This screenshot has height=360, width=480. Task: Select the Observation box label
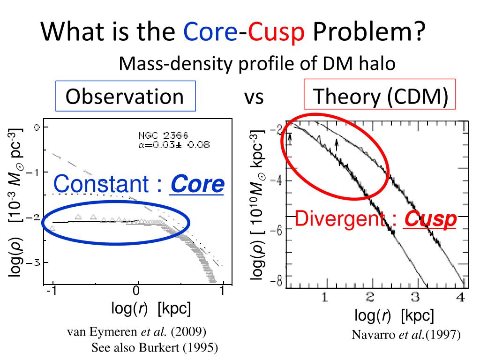[x=125, y=97]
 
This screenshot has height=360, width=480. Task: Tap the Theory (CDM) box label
[x=381, y=97]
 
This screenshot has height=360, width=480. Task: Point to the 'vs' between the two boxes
[x=254, y=97]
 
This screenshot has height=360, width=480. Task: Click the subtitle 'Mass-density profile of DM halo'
[x=257, y=63]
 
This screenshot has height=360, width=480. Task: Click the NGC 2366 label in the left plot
[x=163, y=135]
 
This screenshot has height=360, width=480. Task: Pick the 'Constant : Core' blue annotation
[x=138, y=185]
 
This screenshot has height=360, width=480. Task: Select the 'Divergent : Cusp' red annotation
[x=375, y=219]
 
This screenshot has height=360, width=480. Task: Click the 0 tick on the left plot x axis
[x=136, y=291]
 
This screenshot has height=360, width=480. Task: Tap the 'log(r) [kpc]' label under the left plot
[x=150, y=309]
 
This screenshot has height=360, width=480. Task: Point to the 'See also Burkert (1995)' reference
[x=155, y=347]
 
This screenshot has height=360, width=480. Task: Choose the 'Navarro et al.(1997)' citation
[x=406, y=335]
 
